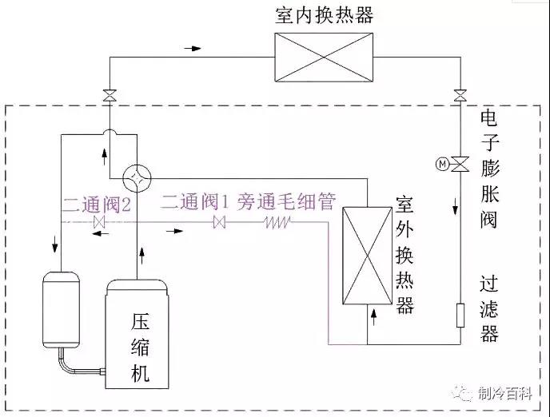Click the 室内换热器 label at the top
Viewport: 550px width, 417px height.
[324, 16]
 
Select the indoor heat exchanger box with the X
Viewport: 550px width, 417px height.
[324, 56]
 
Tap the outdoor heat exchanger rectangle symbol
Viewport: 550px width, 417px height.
[367, 256]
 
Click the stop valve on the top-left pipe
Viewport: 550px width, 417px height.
[108, 97]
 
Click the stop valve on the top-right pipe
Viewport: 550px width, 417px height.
[460, 97]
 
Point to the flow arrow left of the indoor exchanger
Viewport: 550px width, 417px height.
[193, 48]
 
